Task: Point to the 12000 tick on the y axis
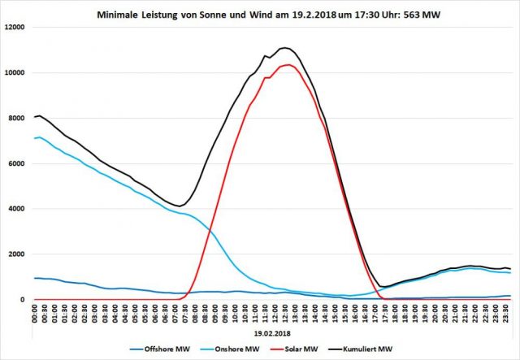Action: [x=15, y=27]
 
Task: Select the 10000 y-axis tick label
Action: [x=15, y=72]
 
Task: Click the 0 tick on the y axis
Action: [x=24, y=300]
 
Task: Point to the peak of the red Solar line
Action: [x=288, y=64]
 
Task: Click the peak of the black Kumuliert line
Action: [x=284, y=47]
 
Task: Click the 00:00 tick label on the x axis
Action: [x=36, y=314]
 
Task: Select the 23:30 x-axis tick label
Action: [x=507, y=314]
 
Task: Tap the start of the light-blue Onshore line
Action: [x=35, y=138]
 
